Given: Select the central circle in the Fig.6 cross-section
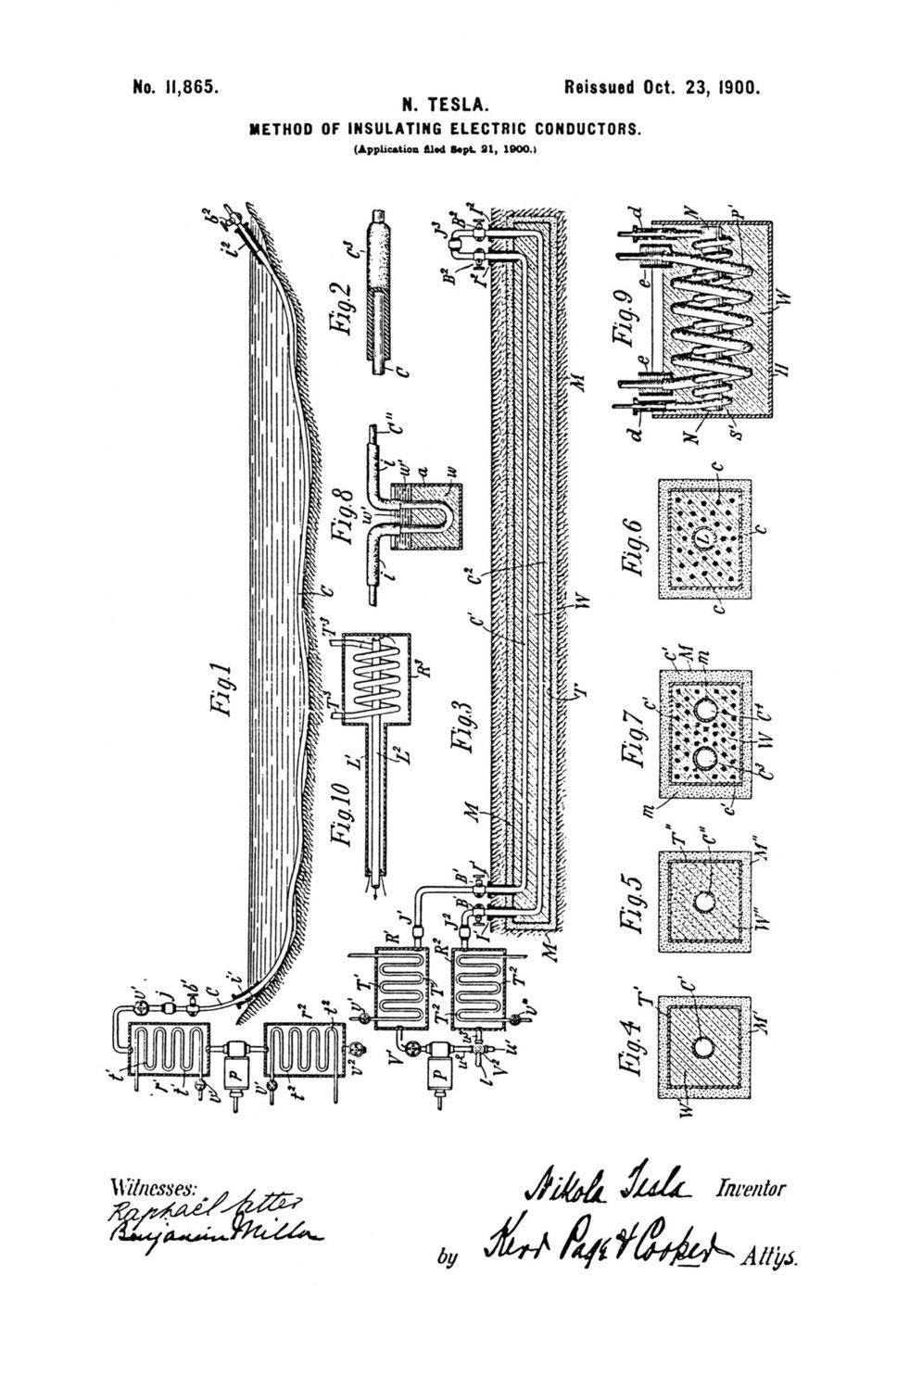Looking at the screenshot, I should click(702, 537).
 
